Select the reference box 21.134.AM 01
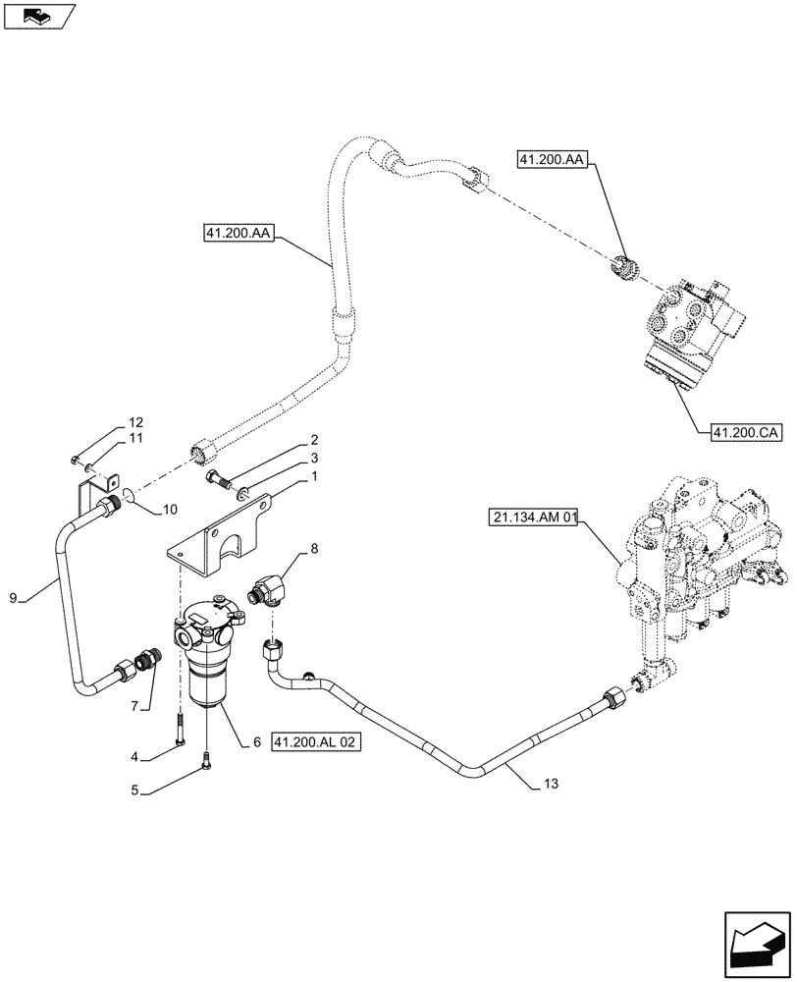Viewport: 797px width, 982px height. point(532,518)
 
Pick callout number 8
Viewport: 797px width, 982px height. point(313,552)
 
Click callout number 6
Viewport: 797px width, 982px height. point(256,743)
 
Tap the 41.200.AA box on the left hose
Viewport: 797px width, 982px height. point(239,233)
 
